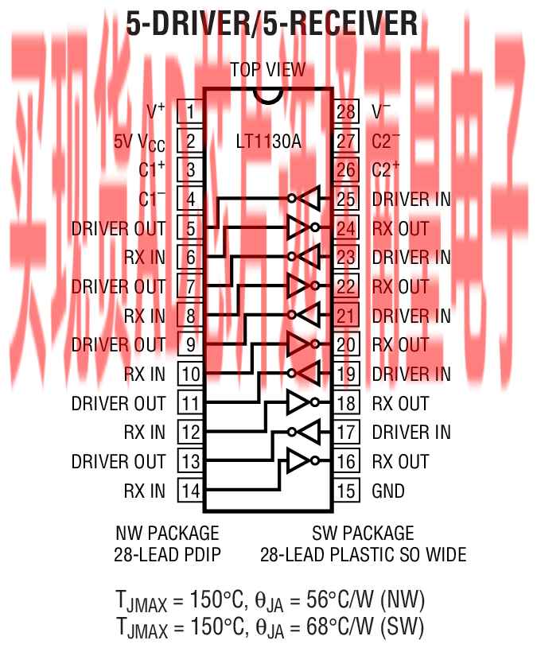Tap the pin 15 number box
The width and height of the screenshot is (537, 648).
[345, 491]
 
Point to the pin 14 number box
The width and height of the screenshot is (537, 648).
[190, 491]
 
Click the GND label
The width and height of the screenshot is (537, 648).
[388, 491]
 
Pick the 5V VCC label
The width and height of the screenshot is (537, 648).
[139, 142]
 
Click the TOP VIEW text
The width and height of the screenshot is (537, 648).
[268, 70]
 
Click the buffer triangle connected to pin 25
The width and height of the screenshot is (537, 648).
[309, 199]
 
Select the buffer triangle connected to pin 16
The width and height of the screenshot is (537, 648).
[299, 461]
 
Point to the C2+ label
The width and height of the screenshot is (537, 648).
[386, 169]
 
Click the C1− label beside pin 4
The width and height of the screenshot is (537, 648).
[152, 199]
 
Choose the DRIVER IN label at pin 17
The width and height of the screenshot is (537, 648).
[411, 433]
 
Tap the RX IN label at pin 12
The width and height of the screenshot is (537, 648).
[145, 433]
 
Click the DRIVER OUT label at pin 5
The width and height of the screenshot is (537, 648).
[119, 228]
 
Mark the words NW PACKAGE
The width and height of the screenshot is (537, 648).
[167, 533]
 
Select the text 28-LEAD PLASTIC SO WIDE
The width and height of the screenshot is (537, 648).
[363, 554]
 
